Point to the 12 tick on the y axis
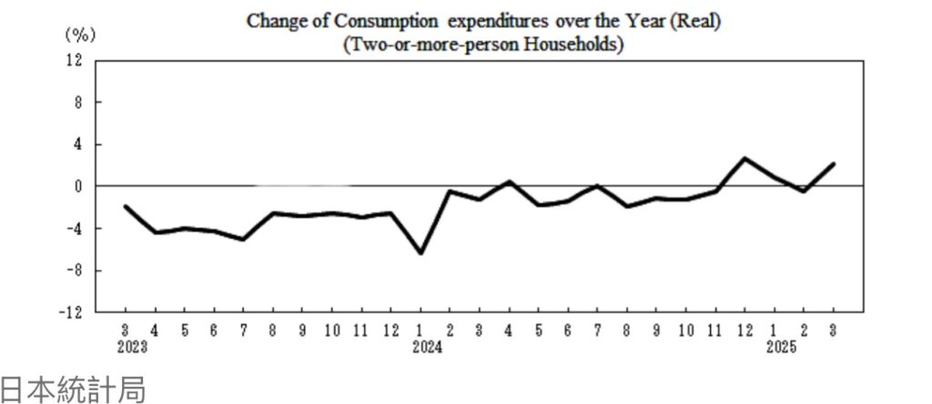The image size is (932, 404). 75,60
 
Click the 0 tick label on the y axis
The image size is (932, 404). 78,186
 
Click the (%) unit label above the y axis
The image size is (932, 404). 79,35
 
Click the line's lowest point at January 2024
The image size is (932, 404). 420,253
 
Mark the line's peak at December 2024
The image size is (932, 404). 745,158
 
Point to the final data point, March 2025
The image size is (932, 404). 833,164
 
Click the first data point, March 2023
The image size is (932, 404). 126,207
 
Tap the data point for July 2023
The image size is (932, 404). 244,239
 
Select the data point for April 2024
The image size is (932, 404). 509,181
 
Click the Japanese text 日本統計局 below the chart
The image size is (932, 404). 73,389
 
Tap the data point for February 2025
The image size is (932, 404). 804,191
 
